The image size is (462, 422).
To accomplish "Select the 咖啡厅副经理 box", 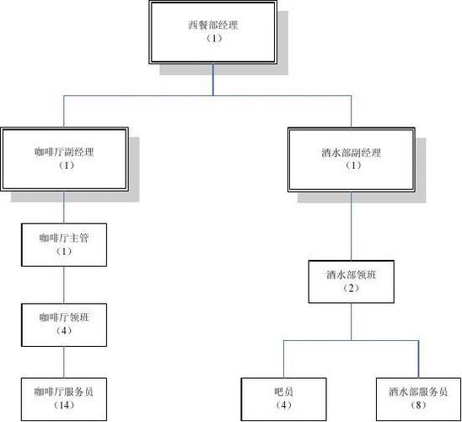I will (x=65, y=158).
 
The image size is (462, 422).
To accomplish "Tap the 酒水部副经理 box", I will (x=352, y=158).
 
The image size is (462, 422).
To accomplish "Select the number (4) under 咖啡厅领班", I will (x=65, y=331).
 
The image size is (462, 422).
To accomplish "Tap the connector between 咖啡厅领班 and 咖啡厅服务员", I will (x=65, y=361).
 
